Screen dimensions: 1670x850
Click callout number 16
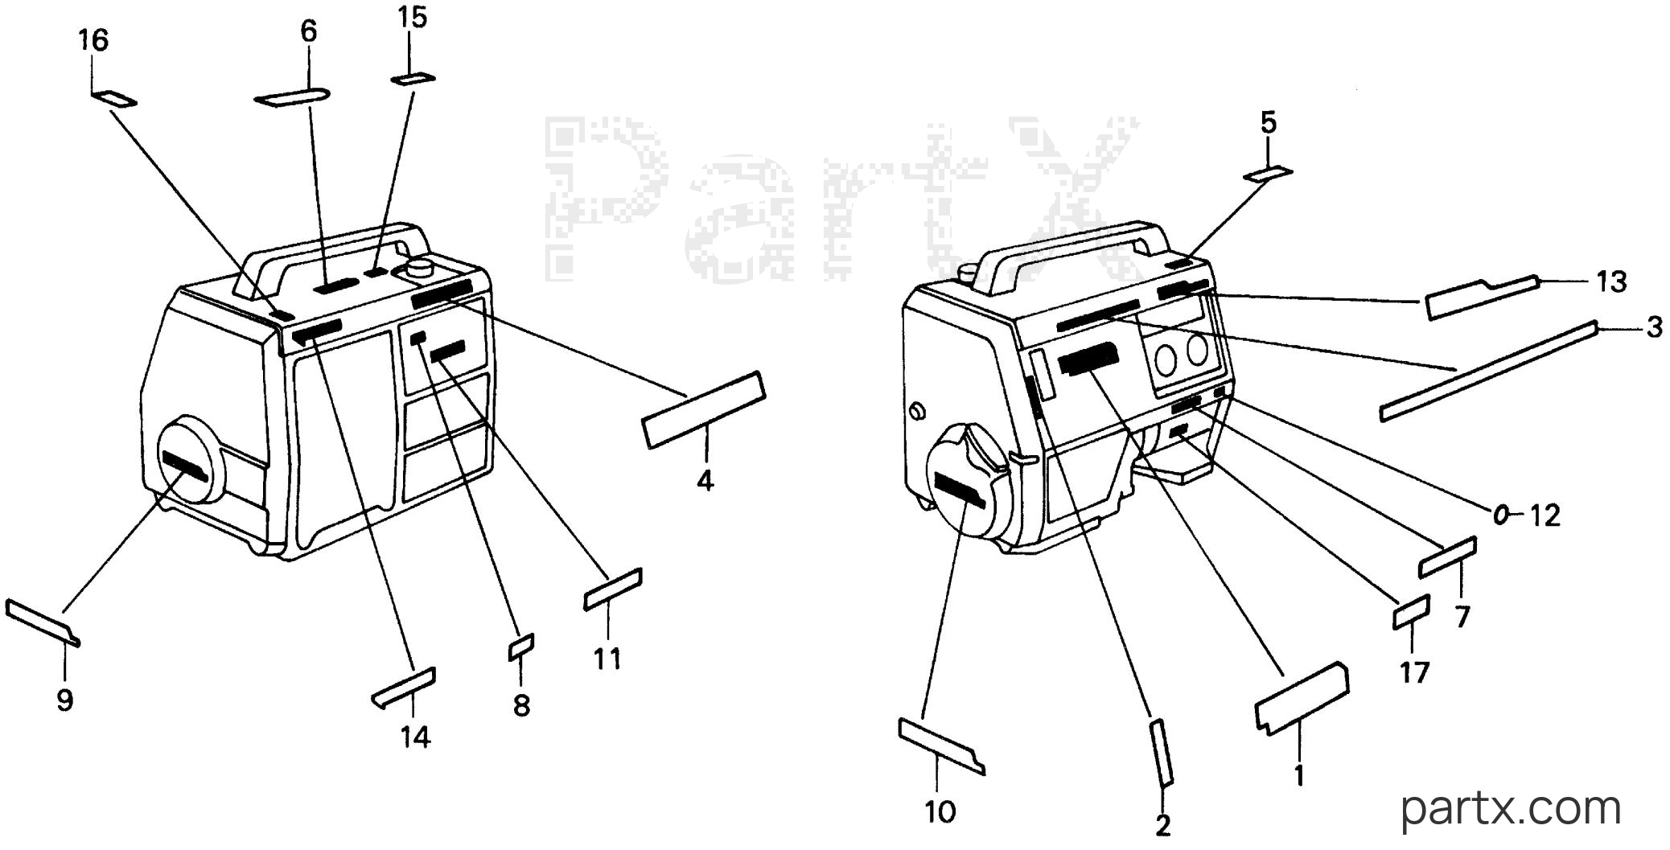pos(93,40)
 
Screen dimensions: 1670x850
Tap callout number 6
pos(309,31)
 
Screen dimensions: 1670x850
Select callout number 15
pos(412,18)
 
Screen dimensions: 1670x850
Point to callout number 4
pos(705,481)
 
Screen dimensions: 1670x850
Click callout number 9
pos(65,700)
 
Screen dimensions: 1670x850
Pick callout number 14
pos(416,737)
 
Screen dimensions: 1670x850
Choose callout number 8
pos(522,706)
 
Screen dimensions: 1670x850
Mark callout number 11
pos(607,659)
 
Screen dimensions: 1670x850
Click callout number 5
pos(1268,123)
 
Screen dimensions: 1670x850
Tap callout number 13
pos(1611,281)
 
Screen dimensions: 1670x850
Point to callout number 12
pos(1545,515)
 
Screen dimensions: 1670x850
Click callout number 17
pos(1414,671)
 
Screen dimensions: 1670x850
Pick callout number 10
pos(940,812)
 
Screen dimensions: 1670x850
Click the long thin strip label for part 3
pos(1487,371)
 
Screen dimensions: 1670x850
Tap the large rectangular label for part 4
pos(704,409)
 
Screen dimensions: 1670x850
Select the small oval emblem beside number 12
pos(1501,515)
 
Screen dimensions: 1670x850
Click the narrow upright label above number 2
pos(1162,753)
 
